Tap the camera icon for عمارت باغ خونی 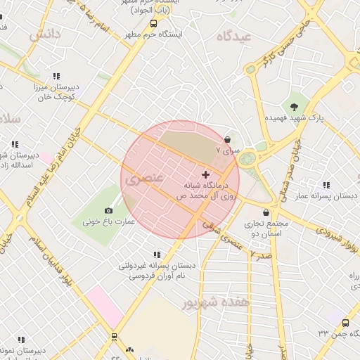pos(108,211)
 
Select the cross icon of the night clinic pos(205,174)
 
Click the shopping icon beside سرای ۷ pos(227,139)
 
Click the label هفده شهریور pos(216,302)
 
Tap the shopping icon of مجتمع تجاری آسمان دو pos(266,212)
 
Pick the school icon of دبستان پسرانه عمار pos(326,185)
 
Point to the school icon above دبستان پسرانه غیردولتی pos(156,255)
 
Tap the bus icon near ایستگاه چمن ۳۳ pos(345,323)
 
